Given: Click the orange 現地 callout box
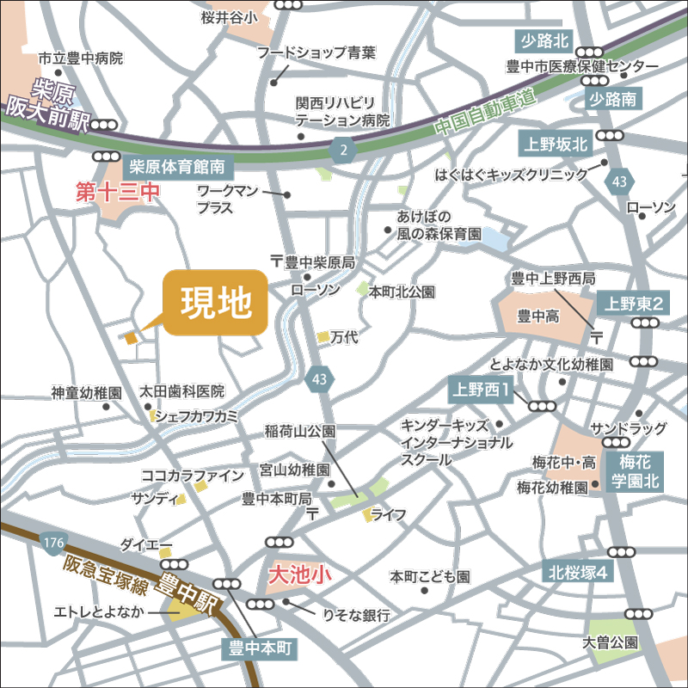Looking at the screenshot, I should coord(215,303).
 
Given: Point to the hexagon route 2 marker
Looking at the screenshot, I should coord(344,150).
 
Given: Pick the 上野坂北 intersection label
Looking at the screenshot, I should coord(556,143).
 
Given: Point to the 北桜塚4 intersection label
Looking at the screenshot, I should coord(579,572).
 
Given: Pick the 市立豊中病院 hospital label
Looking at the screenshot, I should coord(81,58).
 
